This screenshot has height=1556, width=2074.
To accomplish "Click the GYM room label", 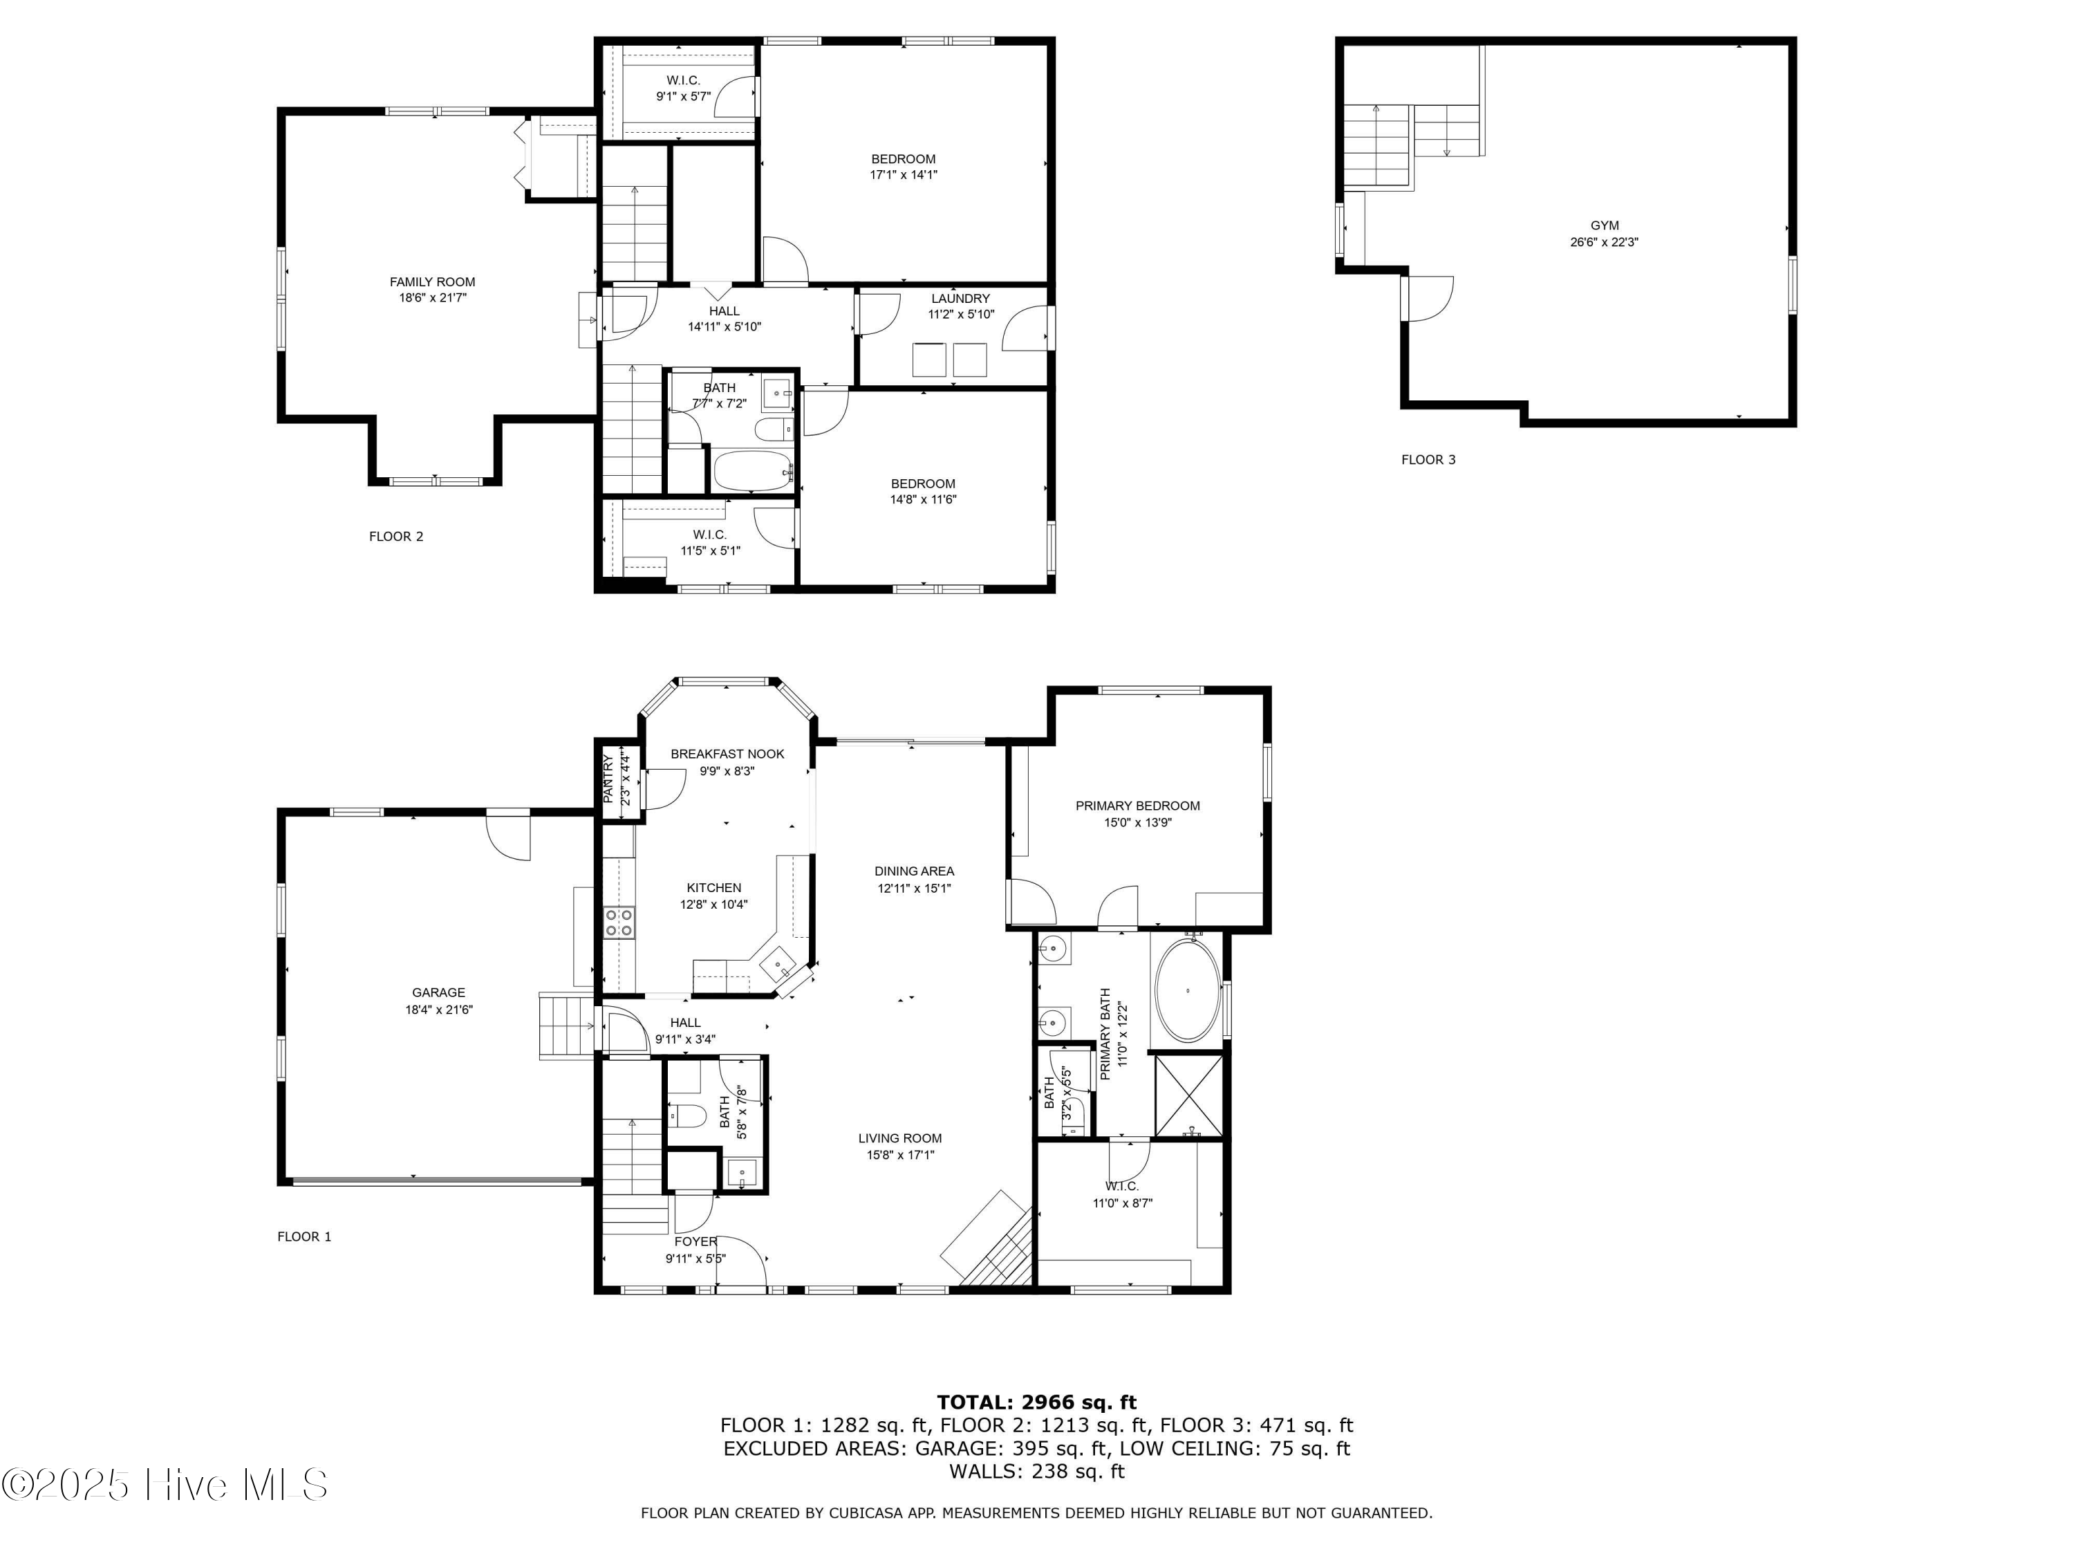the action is coord(1605,225).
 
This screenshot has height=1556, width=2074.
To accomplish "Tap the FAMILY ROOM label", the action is coord(432,281).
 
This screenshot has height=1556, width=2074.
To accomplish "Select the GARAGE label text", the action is coord(438,992).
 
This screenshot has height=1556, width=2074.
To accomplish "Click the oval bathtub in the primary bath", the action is coord(1188,990).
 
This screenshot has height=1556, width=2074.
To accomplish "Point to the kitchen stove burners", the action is coord(619,922).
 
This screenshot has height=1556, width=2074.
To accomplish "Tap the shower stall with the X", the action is coord(1188,1095).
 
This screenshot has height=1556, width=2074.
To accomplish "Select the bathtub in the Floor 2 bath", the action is coord(753,471).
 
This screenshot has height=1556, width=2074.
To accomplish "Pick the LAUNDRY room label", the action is coord(960,298).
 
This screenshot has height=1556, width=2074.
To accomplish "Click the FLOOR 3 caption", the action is coord(1428,460).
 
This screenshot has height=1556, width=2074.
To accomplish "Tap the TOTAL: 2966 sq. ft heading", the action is coord(1036,1402).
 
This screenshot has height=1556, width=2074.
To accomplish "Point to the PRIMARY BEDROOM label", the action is coord(1137,806).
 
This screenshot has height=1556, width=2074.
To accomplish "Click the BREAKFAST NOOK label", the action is coord(727,754).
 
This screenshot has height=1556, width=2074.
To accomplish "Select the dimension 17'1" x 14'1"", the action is coord(904,174).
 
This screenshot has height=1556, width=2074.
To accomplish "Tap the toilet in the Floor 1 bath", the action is coord(686,1116).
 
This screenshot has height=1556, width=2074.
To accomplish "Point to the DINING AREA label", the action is coord(914,871).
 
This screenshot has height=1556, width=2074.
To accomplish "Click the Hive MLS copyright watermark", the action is coord(165,1485).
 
